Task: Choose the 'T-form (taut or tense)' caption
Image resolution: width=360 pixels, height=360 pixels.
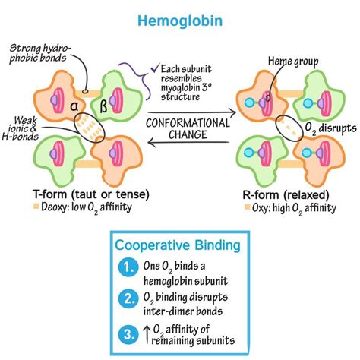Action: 69,192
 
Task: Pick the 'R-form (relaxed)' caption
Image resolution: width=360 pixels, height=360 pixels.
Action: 289,192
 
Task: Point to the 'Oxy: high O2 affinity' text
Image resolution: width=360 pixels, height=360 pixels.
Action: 295,207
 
